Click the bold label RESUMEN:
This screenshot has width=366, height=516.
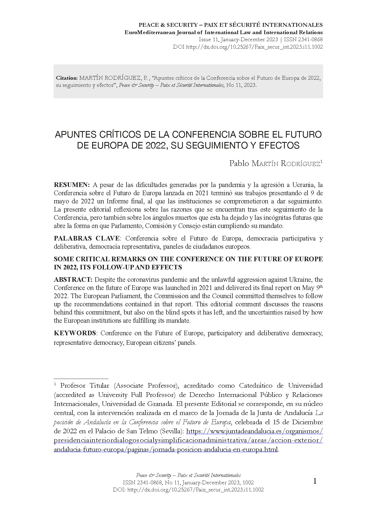coord(72,185)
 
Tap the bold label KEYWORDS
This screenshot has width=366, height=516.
coord(75,333)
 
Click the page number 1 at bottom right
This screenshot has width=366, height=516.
coord(315,481)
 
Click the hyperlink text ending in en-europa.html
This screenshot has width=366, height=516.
coord(166,449)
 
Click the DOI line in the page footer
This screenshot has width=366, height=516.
coord(188,490)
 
